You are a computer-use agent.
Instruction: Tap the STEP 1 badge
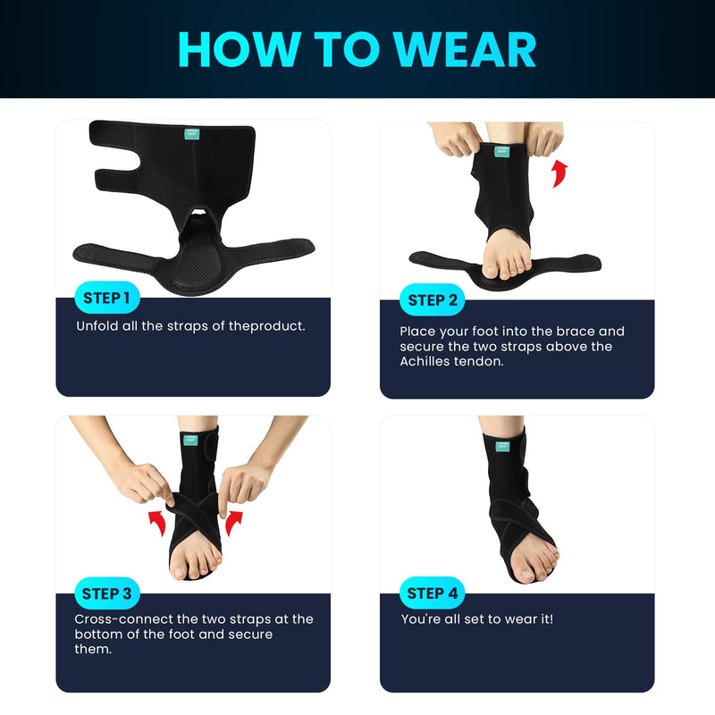106,298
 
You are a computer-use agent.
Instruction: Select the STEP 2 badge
433,300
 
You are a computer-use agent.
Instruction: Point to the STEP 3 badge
106,593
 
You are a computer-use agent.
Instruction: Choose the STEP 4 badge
433,593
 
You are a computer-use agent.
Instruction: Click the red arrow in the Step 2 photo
559,172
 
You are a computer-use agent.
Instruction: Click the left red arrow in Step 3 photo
157,521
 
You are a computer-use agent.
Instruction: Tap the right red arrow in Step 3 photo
233,521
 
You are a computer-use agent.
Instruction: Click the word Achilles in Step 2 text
428,361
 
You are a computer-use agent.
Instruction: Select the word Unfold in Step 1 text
98,326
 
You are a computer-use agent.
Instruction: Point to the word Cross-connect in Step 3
122,618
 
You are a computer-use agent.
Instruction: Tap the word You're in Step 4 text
420,618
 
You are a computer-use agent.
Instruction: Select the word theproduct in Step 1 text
267,326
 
